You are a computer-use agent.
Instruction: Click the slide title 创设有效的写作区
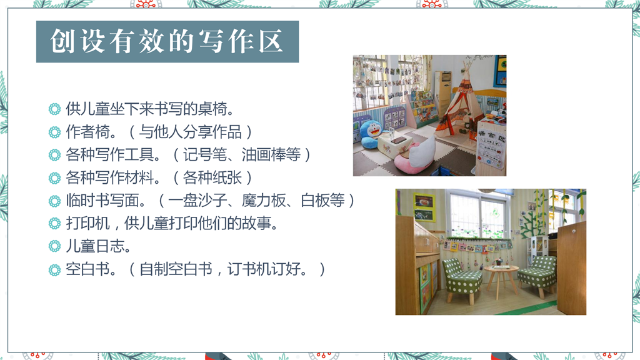coord(167,42)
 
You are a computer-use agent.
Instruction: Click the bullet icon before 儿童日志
coord(54,246)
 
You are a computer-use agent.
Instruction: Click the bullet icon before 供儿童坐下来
coord(54,109)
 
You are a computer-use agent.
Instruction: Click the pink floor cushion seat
coord(416,156)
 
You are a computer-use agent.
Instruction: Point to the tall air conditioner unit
coord(443,92)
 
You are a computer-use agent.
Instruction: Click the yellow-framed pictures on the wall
coord(424,207)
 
